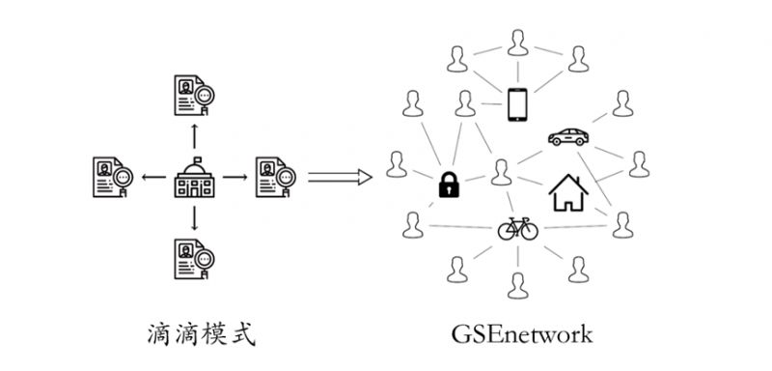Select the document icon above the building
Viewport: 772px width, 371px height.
(194, 95)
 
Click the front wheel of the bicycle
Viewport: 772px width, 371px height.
(532, 231)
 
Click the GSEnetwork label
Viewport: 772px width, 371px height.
(521, 334)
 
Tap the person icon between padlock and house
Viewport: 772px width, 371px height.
(500, 172)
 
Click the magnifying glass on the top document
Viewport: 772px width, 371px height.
(206, 97)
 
